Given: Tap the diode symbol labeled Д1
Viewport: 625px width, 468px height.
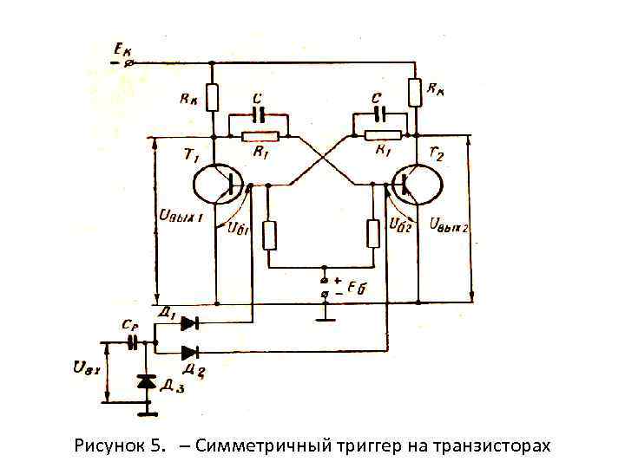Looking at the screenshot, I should [187, 323].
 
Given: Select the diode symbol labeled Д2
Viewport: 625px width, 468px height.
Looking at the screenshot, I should [189, 352].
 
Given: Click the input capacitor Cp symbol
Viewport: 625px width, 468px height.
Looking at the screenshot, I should [133, 342].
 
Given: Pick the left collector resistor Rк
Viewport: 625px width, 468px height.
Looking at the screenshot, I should [214, 96].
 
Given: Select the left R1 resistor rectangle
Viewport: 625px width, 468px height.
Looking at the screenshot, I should [260, 135].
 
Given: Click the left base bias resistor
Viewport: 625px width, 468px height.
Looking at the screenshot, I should [269, 234].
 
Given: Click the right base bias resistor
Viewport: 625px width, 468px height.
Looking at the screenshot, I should [373, 233].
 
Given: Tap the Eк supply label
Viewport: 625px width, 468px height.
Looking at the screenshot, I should [121, 50].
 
